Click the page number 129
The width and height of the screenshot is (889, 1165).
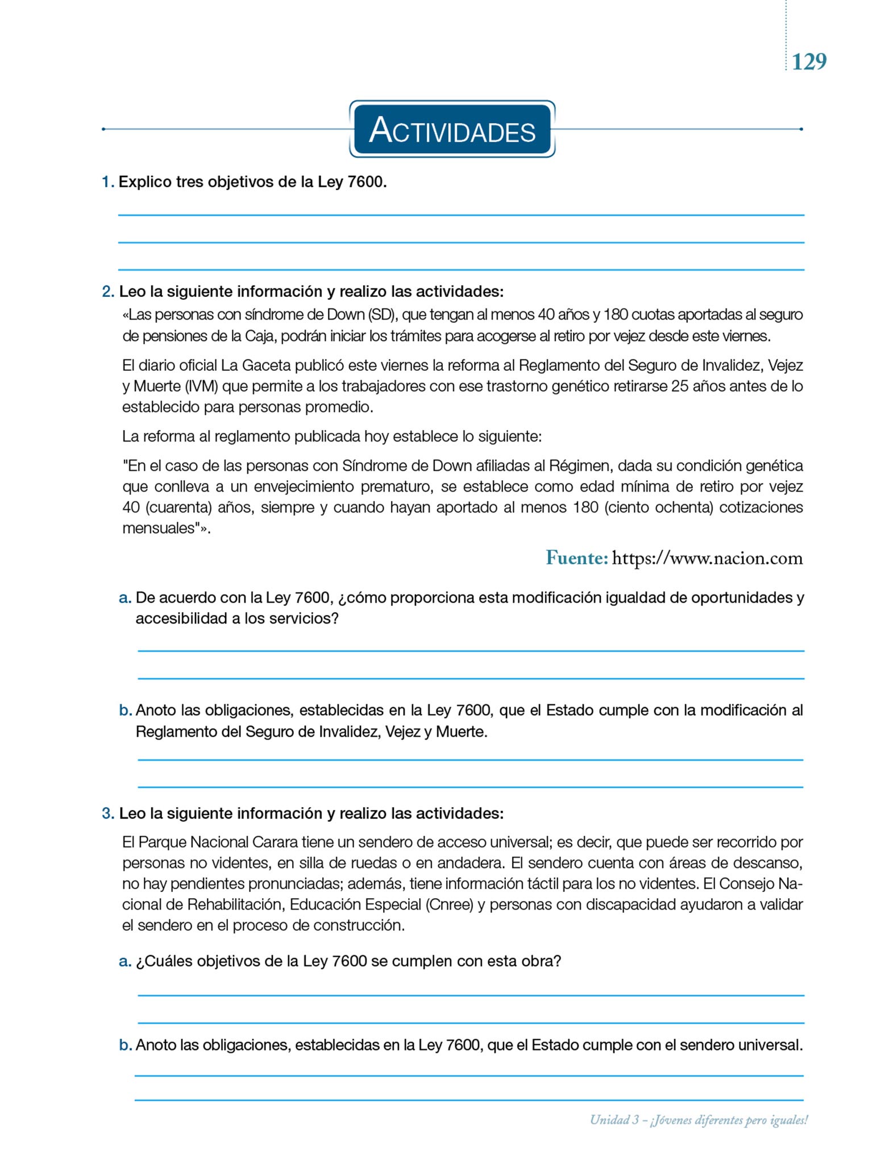click(809, 61)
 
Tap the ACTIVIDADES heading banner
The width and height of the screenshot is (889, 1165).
click(452, 130)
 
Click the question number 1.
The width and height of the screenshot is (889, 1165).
click(107, 182)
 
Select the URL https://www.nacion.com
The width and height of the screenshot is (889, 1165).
click(707, 558)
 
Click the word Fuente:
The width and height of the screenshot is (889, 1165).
click(576, 558)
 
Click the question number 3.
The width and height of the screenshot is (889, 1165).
click(107, 813)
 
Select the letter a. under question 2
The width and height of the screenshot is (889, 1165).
click(125, 598)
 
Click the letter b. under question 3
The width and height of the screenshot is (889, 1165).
click(125, 1045)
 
